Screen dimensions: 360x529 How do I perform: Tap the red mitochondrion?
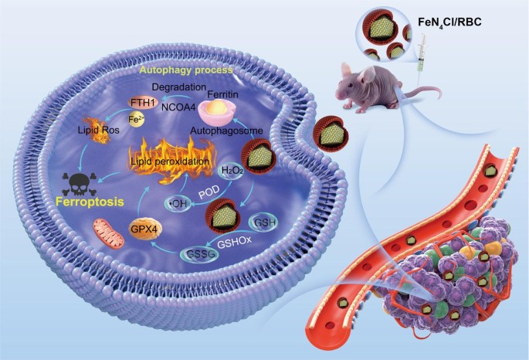(102, 232)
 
